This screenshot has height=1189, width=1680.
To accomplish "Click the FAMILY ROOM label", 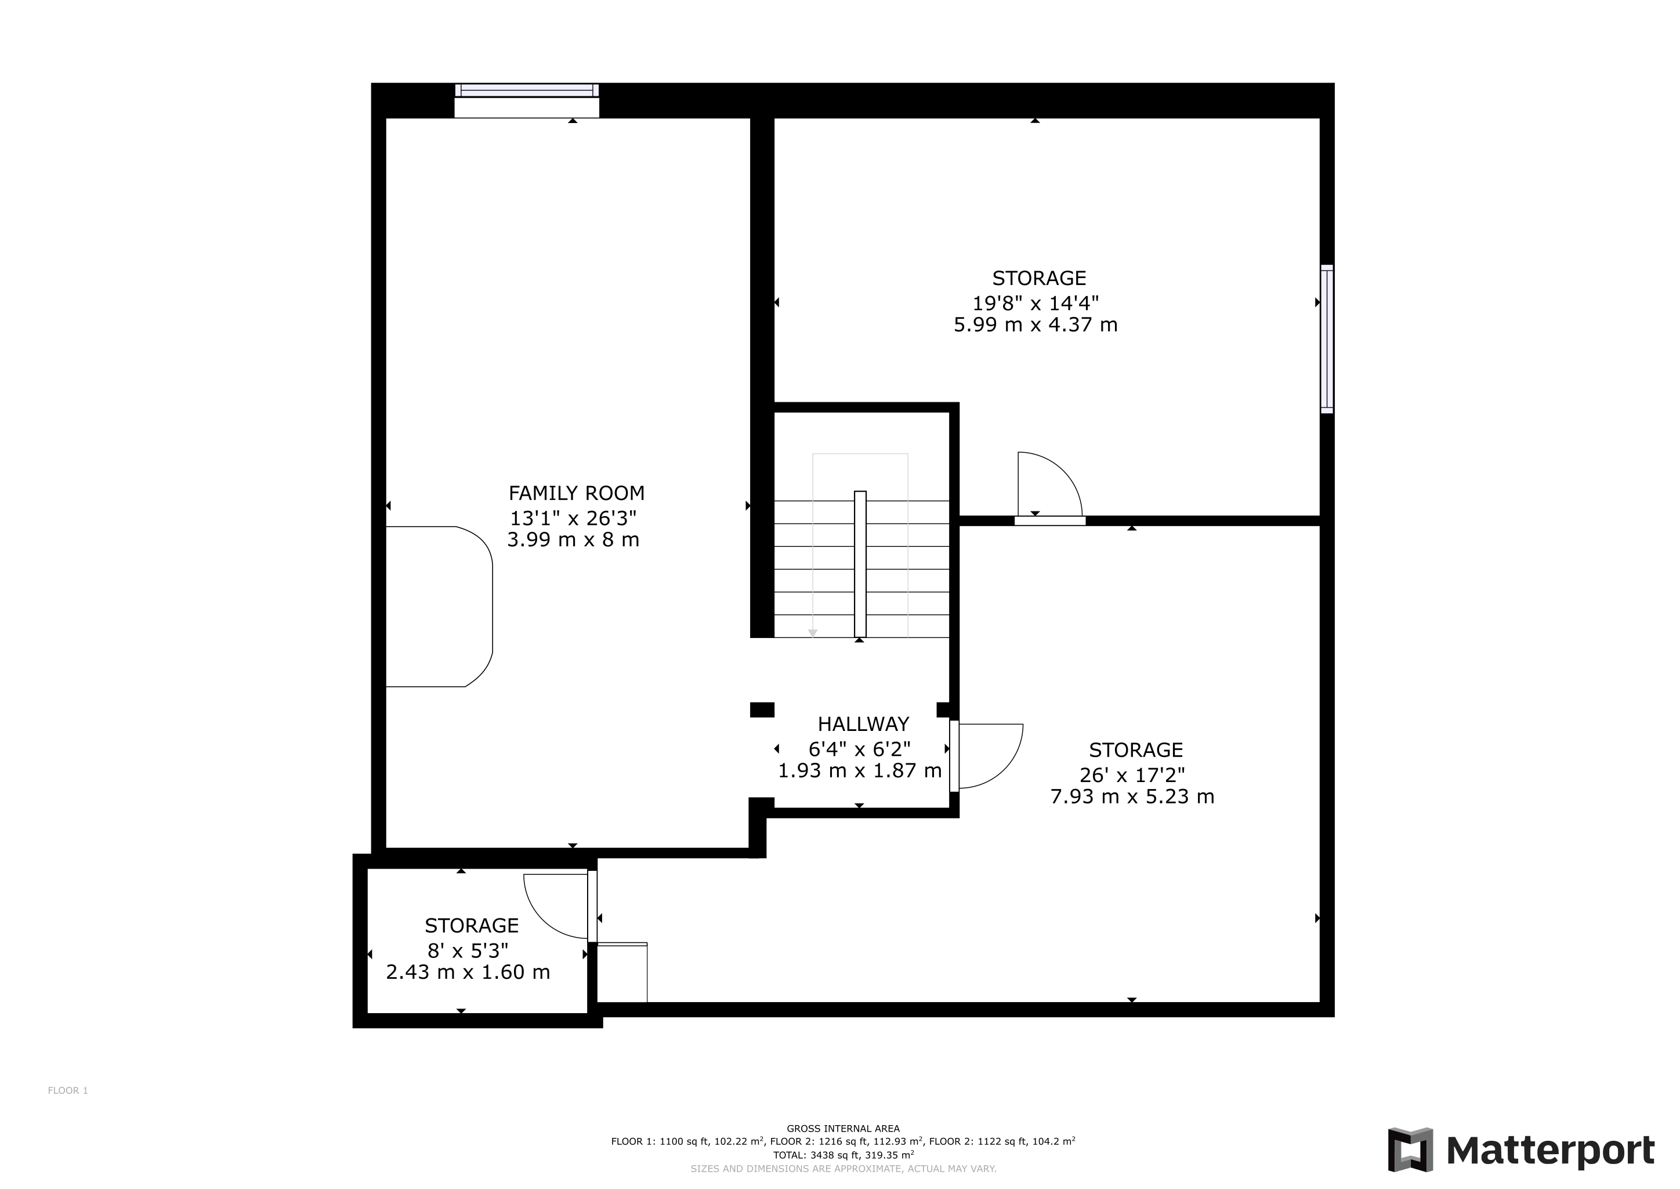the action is pos(577,493).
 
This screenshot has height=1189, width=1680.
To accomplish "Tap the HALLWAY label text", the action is pos(863,724).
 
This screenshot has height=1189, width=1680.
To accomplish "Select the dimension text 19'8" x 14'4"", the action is pos(1035,303).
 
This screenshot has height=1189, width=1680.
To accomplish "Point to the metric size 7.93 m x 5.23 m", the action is pos(1132,797).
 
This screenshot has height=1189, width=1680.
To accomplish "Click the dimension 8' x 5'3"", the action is pos(468,950).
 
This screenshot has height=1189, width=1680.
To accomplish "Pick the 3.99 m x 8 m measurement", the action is pos(573,541).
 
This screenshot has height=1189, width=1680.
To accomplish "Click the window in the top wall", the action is pos(527,91).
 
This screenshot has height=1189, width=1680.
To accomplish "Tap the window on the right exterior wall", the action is pos(1327,339).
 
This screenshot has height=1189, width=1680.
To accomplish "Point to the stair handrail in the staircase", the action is pos(860,564).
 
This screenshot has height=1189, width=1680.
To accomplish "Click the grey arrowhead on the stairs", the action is pos(812,633).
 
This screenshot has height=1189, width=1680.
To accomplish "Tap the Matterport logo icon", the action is pos(1410,1150).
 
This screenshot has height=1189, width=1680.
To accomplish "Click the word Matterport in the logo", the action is pos(1551,1151).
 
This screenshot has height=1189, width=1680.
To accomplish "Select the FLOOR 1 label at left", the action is pos(68,1090).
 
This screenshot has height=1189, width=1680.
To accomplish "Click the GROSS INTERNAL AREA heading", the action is pos(843,1128).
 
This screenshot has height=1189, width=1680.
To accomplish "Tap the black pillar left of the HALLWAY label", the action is pos(762,709).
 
